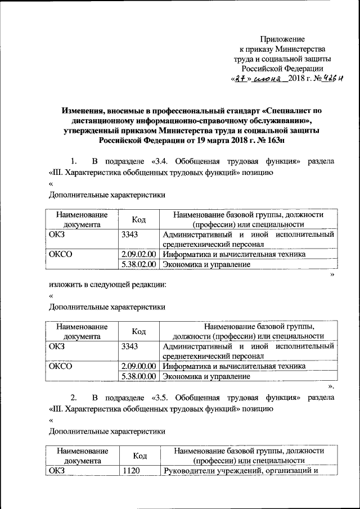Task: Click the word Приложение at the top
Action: pos(282,39)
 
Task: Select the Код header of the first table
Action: pos(139,219)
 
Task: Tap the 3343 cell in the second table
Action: pos(130,346)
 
